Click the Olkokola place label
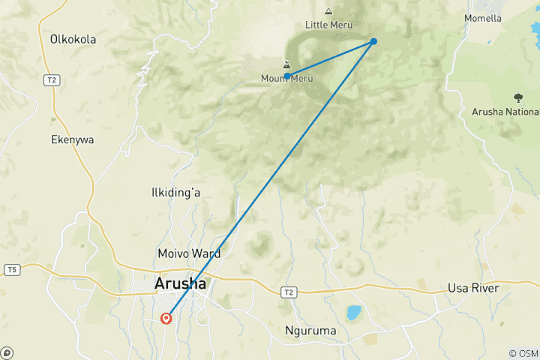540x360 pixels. click(x=73, y=39)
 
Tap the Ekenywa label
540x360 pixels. click(x=71, y=139)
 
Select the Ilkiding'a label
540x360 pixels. click(x=175, y=193)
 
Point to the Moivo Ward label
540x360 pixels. click(x=189, y=253)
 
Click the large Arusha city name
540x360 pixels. click(x=180, y=284)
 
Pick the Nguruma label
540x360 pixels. click(x=310, y=330)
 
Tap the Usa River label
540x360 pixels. click(x=473, y=288)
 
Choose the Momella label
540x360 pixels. click(x=503, y=18)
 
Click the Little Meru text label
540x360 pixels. click(x=328, y=25)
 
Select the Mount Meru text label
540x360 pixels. click(x=286, y=79)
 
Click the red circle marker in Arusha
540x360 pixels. click(x=166, y=318)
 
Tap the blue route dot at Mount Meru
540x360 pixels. click(x=287, y=76)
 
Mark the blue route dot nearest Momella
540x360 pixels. click(x=373, y=41)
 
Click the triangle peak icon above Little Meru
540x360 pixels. click(x=328, y=11)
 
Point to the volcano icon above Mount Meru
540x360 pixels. click(x=286, y=66)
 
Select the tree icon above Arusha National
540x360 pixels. click(x=517, y=97)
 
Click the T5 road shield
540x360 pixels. click(x=11, y=269)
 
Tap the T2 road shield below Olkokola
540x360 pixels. click(x=52, y=80)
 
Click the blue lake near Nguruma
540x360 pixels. click(x=353, y=312)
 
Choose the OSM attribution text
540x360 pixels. click(x=523, y=353)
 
